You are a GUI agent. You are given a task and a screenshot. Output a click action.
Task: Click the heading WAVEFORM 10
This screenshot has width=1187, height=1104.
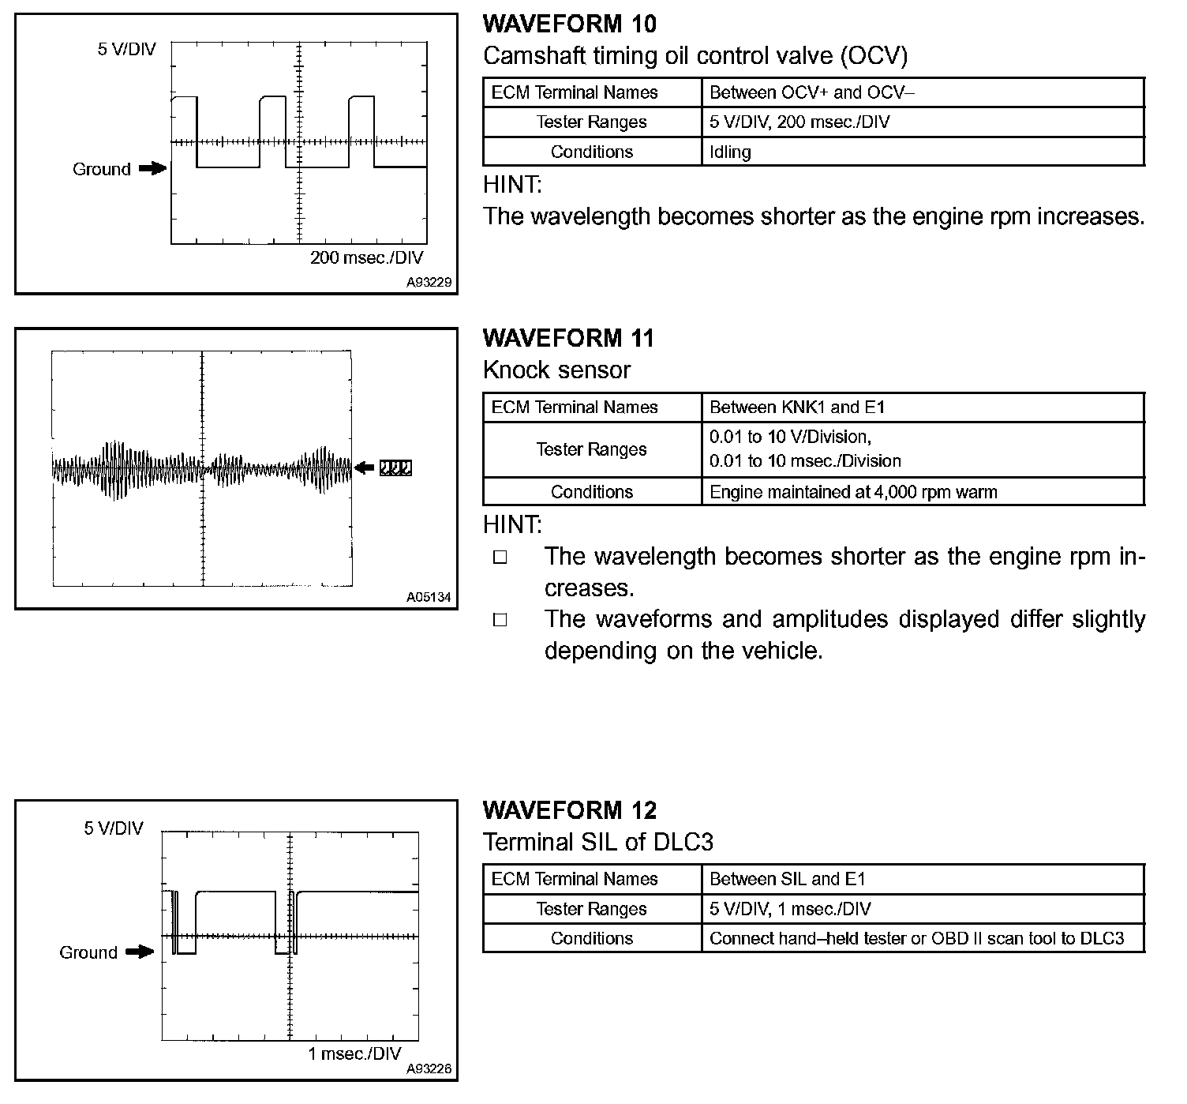coord(569,24)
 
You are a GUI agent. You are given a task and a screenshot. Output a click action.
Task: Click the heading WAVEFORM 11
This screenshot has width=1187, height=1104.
coord(568,339)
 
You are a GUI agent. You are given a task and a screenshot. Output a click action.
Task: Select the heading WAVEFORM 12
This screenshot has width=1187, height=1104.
coord(569,811)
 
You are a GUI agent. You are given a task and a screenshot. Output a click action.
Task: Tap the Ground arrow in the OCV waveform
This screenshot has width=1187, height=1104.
coord(152,168)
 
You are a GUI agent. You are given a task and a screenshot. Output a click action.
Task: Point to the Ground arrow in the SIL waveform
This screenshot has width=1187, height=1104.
coord(140,952)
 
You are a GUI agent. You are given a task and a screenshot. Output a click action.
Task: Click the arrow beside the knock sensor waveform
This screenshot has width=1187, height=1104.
coord(365,468)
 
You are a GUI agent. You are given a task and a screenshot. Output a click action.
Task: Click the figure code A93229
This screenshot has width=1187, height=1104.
coord(429,282)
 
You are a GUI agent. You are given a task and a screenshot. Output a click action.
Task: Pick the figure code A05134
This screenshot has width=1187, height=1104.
coord(429,598)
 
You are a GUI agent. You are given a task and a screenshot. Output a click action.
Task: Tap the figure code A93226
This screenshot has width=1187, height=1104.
coord(429,1068)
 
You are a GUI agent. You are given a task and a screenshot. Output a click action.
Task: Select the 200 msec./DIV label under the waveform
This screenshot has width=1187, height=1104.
coord(366,257)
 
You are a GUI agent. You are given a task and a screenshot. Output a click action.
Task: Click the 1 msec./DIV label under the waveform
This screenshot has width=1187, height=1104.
coord(354,1053)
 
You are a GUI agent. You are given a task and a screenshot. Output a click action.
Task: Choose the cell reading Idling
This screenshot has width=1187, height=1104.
coord(730,152)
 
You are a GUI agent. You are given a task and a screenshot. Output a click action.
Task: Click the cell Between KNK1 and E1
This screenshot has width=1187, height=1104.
coord(797,407)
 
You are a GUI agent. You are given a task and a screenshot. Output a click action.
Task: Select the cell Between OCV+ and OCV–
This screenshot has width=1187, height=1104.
coord(812,92)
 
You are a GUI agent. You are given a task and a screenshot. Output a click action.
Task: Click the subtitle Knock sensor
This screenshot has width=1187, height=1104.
coord(556,370)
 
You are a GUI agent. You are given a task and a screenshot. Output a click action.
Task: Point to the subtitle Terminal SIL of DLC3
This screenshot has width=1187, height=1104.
coord(597,843)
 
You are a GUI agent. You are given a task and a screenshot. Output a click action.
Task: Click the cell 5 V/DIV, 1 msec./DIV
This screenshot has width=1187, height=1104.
coord(790,909)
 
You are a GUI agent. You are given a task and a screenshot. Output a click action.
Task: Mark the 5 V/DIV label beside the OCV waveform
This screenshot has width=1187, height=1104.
coord(127,50)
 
